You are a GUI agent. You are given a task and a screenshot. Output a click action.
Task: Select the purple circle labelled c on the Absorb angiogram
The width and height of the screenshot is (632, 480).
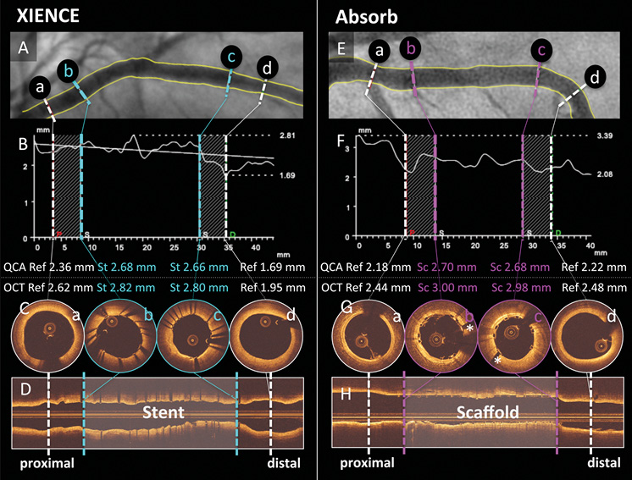(x=541, y=52)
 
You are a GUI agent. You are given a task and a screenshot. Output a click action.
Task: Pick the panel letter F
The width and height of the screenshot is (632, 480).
(x=341, y=145)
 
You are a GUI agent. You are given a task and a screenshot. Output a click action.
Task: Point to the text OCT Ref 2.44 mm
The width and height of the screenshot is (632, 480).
(x=362, y=287)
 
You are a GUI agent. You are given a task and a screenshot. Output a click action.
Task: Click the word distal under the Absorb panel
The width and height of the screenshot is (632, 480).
(x=604, y=463)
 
